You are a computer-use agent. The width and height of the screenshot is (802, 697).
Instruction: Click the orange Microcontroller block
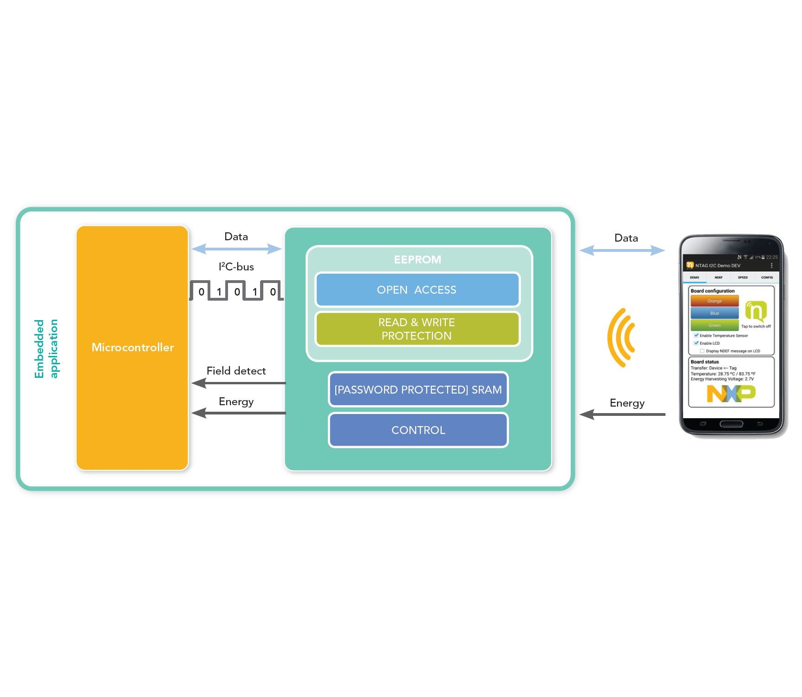pyautogui.click(x=132, y=348)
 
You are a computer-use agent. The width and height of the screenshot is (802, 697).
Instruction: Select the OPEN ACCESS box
pyautogui.click(x=417, y=290)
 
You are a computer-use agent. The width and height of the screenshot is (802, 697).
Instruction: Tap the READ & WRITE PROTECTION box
pyautogui.click(x=417, y=329)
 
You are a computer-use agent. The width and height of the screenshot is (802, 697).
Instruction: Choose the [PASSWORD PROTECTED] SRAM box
pyautogui.click(x=418, y=389)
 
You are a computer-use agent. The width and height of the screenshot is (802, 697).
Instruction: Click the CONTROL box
pyautogui.click(x=418, y=430)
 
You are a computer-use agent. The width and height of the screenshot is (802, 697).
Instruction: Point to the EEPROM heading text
pyautogui.click(x=417, y=260)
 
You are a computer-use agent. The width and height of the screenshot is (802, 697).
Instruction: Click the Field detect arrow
pyautogui.click(x=239, y=383)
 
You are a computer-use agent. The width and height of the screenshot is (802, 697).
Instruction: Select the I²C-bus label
pyautogui.click(x=236, y=267)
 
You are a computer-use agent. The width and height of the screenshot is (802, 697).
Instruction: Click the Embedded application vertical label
pyautogui.click(x=46, y=348)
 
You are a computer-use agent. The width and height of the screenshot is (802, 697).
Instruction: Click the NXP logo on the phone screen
pyautogui.click(x=730, y=394)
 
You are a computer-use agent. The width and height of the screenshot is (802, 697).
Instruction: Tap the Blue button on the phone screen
pyautogui.click(x=714, y=313)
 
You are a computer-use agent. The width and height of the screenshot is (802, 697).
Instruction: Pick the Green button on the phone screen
pyautogui.click(x=714, y=325)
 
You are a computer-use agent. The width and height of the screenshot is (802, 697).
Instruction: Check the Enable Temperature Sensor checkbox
pyautogui.click(x=696, y=335)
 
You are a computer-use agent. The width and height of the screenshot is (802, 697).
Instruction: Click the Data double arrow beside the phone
pyautogui.click(x=622, y=250)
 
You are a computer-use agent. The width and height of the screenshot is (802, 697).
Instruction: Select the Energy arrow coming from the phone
pyautogui.click(x=622, y=414)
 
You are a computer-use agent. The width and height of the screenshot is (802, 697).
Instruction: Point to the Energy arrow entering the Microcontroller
pyautogui.click(x=239, y=413)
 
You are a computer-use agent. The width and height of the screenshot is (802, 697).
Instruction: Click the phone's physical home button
pyautogui.click(x=731, y=424)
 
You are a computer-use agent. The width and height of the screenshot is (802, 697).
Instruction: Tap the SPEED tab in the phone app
pyautogui.click(x=743, y=277)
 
